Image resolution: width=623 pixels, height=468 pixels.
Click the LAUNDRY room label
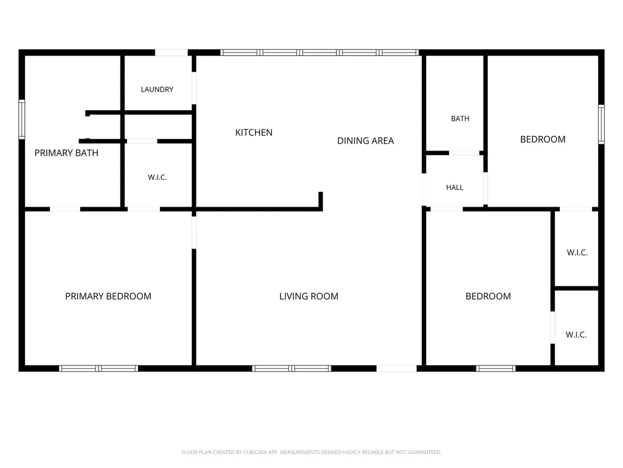[157, 90]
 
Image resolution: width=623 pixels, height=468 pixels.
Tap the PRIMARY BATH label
[66, 153]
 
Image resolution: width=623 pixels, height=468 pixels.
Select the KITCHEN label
[254, 132]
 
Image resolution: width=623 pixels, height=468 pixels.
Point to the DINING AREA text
[366, 141]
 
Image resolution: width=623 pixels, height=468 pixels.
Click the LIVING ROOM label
[308, 296]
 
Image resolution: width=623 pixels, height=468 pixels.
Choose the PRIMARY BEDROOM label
[108, 296]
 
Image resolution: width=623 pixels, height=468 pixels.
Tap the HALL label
[454, 188]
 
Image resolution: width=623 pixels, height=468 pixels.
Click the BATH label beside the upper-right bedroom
[460, 119]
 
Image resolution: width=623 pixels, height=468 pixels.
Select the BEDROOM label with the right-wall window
[543, 140]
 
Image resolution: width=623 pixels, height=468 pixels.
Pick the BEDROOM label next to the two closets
[489, 296]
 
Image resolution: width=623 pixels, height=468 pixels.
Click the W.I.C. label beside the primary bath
[158, 177]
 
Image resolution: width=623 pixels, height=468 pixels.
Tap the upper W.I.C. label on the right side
[577, 252]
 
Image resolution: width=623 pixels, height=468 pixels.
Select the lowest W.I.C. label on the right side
[576, 335]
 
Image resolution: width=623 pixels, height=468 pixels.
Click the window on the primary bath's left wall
[22, 119]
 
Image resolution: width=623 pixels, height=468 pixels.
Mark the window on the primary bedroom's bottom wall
[99, 369]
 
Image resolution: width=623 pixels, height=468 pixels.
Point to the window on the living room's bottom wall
[291, 369]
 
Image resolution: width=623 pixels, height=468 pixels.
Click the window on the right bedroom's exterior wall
[602, 124]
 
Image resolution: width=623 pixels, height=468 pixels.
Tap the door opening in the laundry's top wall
[171, 52]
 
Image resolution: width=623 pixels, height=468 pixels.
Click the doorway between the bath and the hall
[464, 153]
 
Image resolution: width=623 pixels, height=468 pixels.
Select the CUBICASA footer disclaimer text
[311, 452]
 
